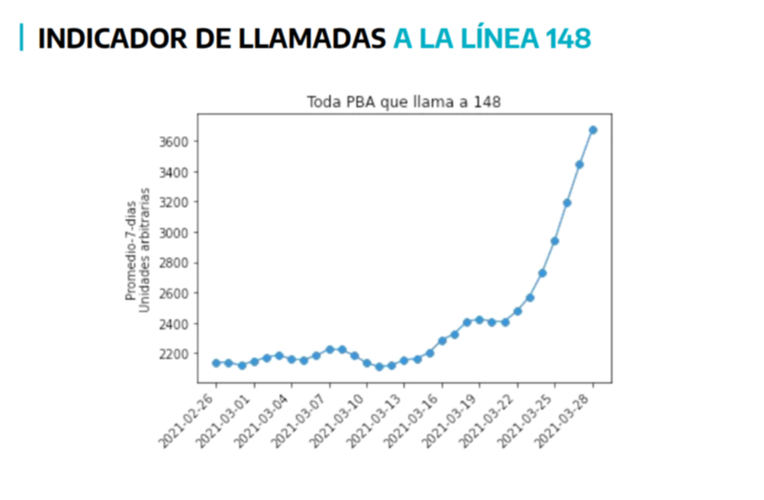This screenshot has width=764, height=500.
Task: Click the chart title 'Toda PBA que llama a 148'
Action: click(x=403, y=102)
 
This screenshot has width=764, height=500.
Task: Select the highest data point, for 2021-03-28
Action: click(x=593, y=131)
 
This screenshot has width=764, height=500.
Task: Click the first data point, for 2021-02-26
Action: click(x=216, y=363)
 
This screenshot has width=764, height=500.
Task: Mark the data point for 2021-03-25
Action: click(x=555, y=241)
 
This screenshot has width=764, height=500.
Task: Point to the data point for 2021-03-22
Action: click(x=517, y=311)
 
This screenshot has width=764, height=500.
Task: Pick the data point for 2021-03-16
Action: click(x=442, y=341)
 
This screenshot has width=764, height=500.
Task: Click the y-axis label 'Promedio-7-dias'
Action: click(x=131, y=251)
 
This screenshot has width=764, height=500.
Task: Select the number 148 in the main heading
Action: click(x=568, y=38)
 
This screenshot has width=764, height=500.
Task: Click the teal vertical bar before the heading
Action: click(x=21, y=37)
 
